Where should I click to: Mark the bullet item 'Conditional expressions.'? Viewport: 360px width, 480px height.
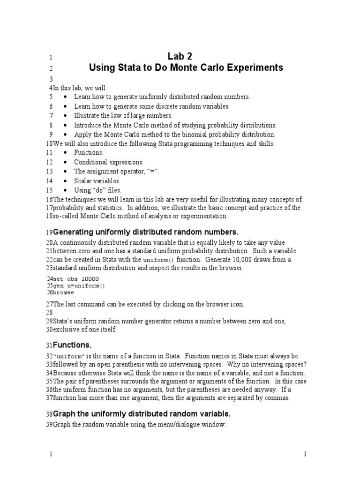click(102, 162)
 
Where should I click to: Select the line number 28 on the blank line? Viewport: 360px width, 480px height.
click(49, 312)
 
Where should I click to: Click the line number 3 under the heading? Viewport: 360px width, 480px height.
click(51, 79)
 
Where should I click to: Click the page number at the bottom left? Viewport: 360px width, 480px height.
click(51, 454)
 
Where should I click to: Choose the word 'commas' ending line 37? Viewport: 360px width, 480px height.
click(278, 398)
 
